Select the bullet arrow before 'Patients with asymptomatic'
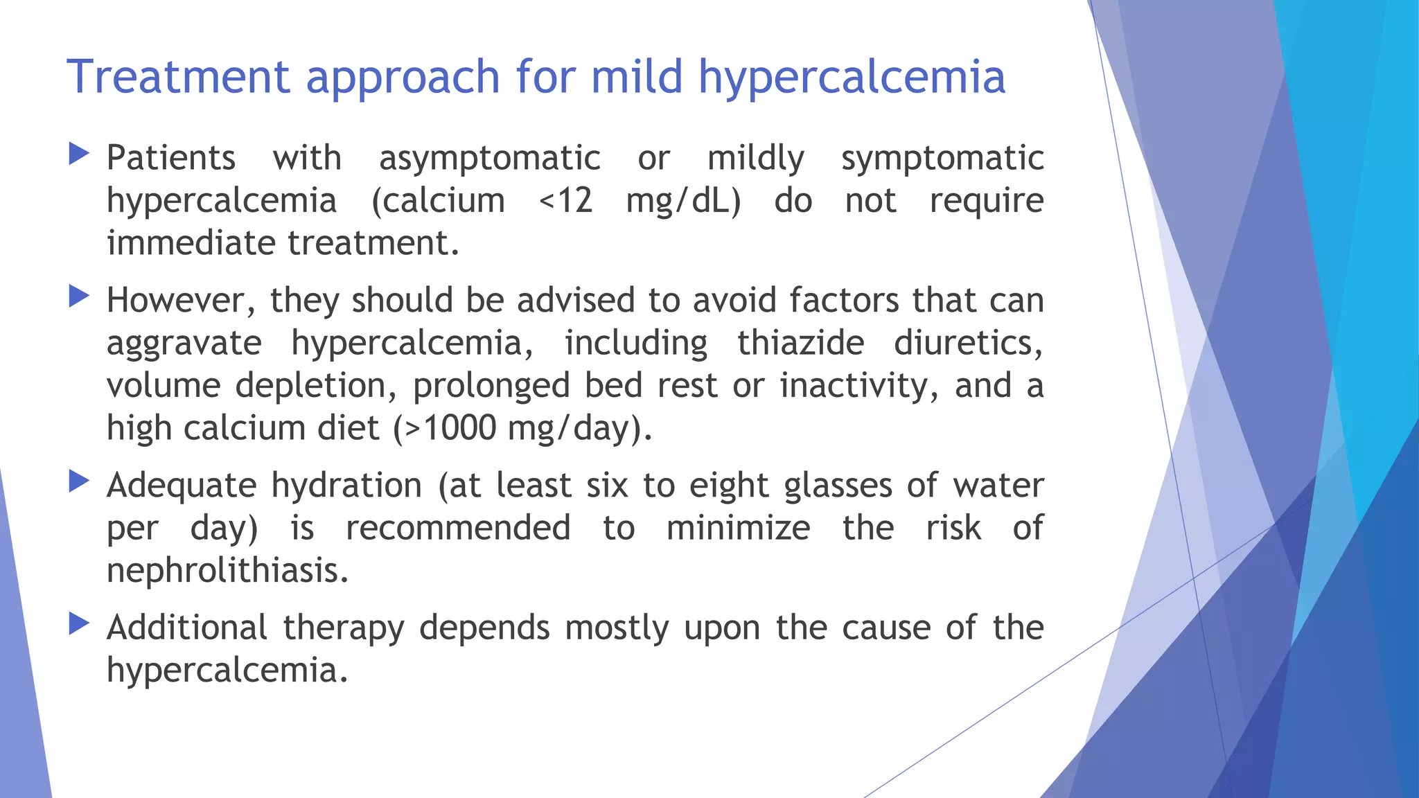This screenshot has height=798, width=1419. (80, 154)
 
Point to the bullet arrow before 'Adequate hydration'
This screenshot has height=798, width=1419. (80, 481)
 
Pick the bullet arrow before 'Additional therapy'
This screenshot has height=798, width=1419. (80, 624)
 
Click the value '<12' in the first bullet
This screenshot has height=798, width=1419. (565, 201)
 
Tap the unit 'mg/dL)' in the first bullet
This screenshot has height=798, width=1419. (683, 201)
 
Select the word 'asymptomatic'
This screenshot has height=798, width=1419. (489, 159)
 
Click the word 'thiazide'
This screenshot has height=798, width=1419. (800, 343)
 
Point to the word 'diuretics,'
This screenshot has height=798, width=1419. (968, 343)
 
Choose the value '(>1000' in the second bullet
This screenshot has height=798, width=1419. (444, 428)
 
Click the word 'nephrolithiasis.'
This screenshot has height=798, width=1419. (227, 571)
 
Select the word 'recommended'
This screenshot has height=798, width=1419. (458, 528)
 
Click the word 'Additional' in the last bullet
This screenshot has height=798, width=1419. (187, 628)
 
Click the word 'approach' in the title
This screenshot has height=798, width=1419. (403, 78)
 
